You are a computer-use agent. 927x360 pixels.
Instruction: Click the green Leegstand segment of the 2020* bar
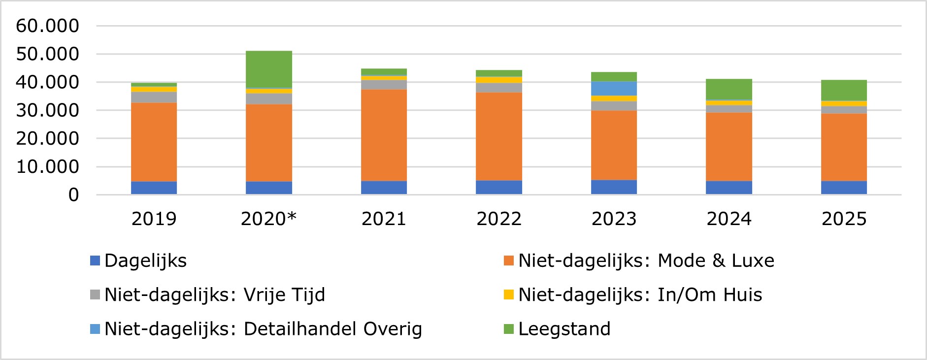click(x=268, y=69)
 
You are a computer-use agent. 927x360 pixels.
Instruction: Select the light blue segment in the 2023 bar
click(x=614, y=89)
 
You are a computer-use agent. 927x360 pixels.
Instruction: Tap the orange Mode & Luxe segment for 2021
click(x=384, y=135)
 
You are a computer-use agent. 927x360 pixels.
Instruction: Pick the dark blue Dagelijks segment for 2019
click(x=154, y=188)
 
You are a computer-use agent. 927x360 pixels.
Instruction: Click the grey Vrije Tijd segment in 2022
click(x=498, y=88)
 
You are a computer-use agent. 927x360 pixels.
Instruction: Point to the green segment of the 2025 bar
click(x=844, y=91)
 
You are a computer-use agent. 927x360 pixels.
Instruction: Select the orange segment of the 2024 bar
click(x=728, y=147)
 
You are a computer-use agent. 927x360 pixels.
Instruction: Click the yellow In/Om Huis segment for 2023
click(x=614, y=98)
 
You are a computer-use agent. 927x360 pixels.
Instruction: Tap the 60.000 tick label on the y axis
click(x=47, y=26)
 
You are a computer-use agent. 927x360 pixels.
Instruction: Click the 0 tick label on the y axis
click(x=73, y=195)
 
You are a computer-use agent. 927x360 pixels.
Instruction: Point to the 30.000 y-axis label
click(x=47, y=110)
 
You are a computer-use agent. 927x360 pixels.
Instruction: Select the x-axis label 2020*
click(x=268, y=219)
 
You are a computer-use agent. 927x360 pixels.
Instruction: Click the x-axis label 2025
click(x=844, y=219)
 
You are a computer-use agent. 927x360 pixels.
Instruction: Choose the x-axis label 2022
click(x=498, y=219)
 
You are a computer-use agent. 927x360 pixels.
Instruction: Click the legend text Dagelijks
click(x=145, y=261)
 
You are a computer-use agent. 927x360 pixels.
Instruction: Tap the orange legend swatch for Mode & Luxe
click(x=509, y=261)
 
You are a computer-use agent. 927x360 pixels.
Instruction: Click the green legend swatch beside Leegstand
click(x=509, y=329)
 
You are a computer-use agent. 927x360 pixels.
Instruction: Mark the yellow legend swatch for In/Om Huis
click(x=509, y=295)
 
